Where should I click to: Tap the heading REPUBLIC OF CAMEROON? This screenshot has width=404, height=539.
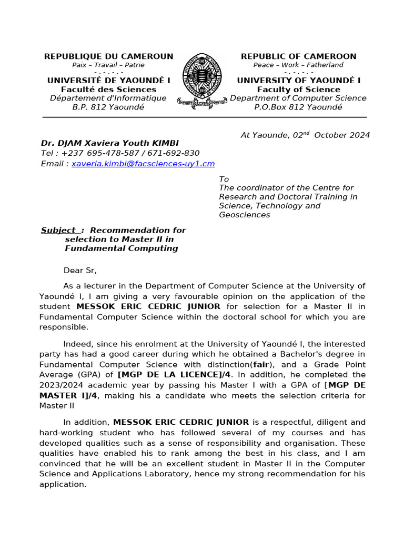298,56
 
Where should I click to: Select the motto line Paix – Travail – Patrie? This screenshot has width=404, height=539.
108,65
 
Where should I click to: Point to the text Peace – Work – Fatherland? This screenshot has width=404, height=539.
298,65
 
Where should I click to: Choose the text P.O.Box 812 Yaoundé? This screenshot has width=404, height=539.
298,107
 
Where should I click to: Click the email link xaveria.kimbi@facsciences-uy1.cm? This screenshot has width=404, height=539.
143,164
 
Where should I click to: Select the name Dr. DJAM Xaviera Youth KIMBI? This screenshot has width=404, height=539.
110,143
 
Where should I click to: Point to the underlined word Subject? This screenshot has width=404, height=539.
59,230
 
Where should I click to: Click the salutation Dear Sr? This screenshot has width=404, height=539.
80,271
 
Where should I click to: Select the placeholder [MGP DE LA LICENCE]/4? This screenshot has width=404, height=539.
175,375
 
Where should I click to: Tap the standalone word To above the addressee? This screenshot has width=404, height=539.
224,179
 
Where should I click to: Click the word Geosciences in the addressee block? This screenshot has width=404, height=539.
245,215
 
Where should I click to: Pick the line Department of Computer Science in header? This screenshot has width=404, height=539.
298,98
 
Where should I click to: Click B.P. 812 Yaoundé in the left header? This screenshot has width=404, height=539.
108,107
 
